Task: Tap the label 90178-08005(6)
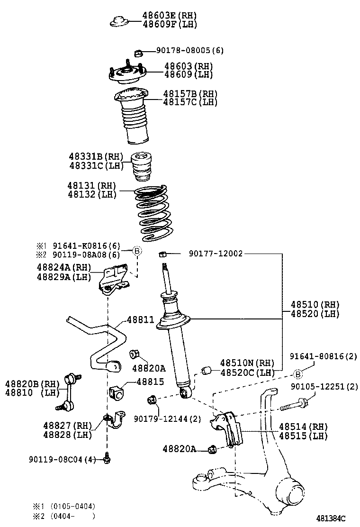click(x=190, y=50)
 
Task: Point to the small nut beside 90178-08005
click(x=139, y=51)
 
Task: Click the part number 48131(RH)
click(x=92, y=186)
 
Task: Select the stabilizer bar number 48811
click(x=140, y=320)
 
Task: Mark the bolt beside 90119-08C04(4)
click(x=108, y=459)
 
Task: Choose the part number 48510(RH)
click(x=308, y=304)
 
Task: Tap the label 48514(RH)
click(x=303, y=427)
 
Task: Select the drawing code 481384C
click(x=331, y=518)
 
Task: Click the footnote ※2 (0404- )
click(x=64, y=516)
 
